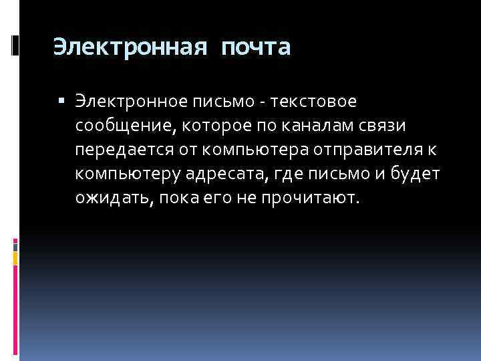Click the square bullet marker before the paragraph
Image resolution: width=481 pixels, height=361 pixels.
click(x=61, y=102)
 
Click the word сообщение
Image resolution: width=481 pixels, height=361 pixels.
click(x=118, y=126)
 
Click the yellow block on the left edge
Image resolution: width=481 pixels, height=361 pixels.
click(x=15, y=255)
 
